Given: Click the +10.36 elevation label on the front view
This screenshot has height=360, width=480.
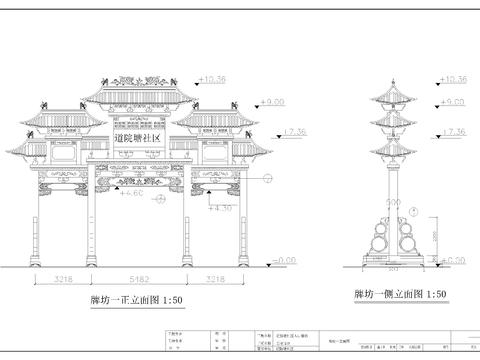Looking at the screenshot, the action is point(213,77).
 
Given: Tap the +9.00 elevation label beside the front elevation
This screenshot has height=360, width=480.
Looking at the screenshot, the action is point(273,102).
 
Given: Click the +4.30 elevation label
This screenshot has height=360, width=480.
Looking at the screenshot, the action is point(219,208).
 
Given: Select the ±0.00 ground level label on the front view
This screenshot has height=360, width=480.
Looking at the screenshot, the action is point(285,260).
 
